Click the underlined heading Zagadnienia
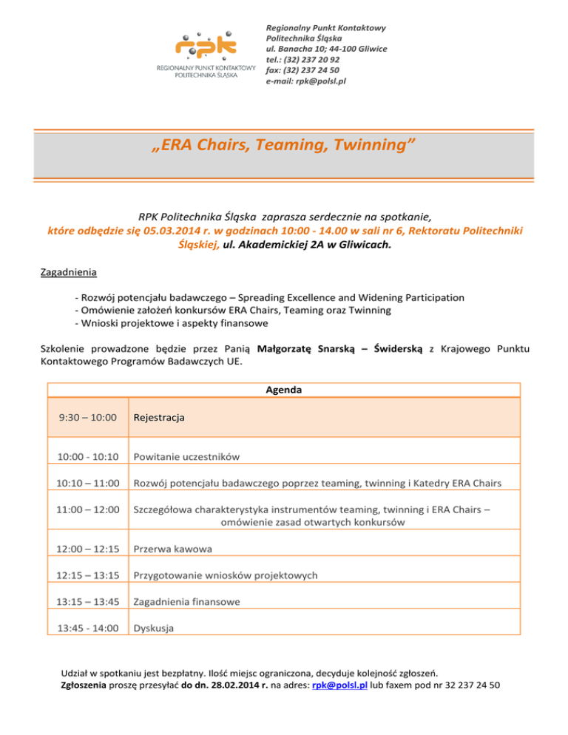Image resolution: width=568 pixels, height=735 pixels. point(68,272)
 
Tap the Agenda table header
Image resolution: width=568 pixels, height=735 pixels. point(283,390)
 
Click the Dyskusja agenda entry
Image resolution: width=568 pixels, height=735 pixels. point(153,629)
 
